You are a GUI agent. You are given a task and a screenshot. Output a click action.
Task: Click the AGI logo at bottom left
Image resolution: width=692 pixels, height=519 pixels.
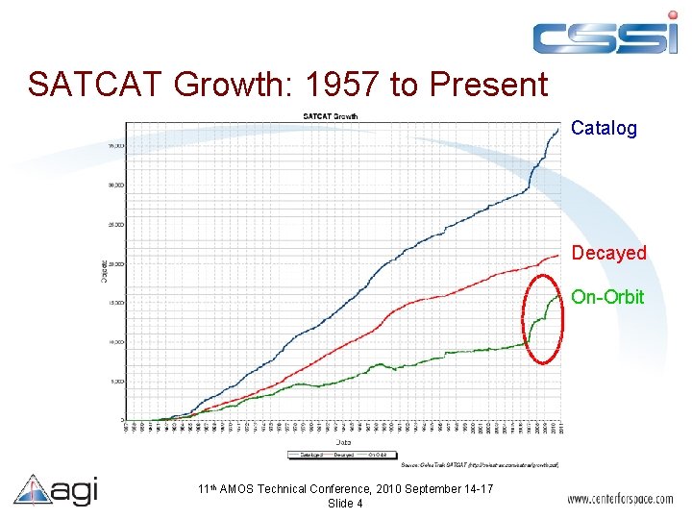(x=56, y=491)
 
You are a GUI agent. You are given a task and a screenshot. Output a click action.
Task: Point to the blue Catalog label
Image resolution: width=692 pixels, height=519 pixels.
(x=604, y=129)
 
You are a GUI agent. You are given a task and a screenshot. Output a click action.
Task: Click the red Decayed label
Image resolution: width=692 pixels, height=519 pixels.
(x=608, y=253)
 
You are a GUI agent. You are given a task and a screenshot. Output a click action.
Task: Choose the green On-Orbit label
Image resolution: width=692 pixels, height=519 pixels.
(x=607, y=297)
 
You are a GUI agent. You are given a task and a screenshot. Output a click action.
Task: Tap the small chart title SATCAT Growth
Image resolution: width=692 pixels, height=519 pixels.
(x=330, y=116)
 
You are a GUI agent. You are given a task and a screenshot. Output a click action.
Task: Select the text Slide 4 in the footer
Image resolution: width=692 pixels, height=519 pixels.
(x=345, y=504)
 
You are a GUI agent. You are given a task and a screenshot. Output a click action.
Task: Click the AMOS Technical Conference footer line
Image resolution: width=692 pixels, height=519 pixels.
(x=345, y=489)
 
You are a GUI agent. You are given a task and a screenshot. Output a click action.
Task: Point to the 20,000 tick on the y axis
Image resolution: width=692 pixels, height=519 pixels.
(x=114, y=263)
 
